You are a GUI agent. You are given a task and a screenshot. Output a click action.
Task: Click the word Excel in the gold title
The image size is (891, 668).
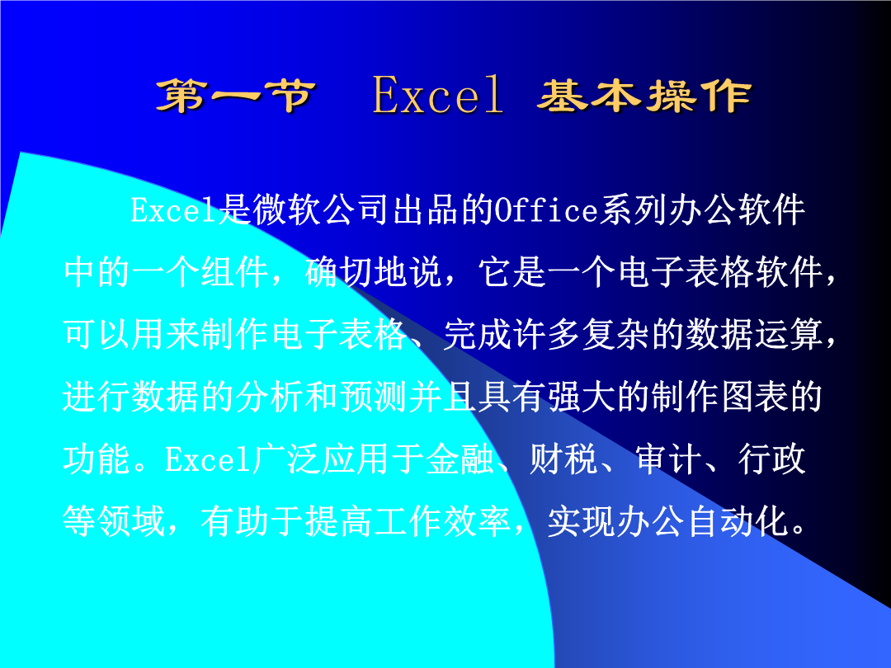(437, 95)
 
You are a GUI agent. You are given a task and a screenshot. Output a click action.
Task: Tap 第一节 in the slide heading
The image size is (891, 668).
(235, 96)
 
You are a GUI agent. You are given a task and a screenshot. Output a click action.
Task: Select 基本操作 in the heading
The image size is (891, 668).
(644, 96)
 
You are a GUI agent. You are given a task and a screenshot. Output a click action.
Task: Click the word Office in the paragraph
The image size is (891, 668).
(546, 210)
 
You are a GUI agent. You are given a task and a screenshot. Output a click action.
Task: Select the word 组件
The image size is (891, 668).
(235, 272)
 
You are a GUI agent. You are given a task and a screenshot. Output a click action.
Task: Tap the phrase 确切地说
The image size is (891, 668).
(374, 272)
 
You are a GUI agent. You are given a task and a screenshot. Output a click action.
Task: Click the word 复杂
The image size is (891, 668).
(616, 334)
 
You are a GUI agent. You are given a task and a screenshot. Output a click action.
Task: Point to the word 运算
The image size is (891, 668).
(789, 334)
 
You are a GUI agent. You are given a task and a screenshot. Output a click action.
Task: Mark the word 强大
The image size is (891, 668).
(582, 397)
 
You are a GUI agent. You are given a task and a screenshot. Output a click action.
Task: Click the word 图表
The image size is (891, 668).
(754, 397)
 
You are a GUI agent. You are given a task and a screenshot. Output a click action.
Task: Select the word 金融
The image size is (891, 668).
(460, 459)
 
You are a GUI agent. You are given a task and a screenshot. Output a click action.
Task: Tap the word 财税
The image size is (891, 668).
(563, 459)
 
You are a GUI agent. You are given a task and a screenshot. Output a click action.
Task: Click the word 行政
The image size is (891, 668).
(771, 459)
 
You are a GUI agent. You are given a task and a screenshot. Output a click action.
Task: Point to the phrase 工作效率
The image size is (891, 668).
(443, 521)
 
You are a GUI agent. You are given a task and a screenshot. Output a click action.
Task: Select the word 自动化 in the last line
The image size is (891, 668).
(737, 521)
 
